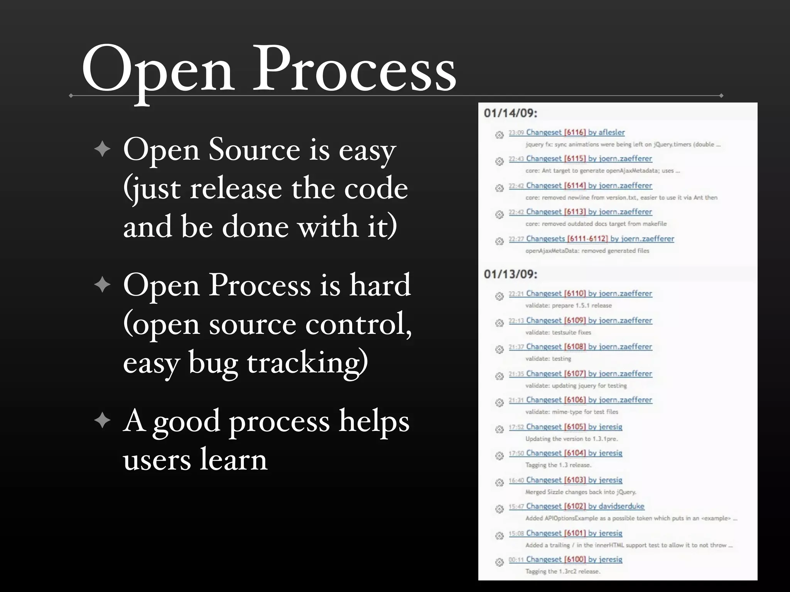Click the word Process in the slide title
354,69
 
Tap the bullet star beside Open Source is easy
102,149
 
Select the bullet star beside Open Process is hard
102,285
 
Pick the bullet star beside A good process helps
102,420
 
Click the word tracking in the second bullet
307,362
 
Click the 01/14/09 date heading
510,113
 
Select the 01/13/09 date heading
510,274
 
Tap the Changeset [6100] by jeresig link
565,560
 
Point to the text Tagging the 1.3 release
558,465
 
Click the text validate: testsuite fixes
558,333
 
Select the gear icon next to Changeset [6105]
500,429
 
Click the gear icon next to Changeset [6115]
500,161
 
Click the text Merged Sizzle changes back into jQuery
581,492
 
